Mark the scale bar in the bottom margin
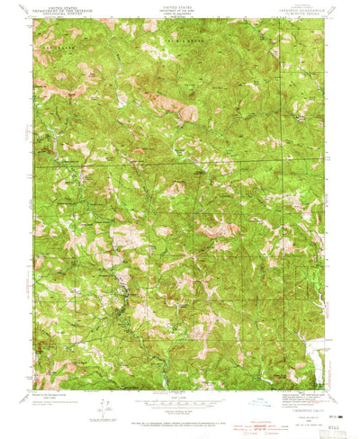(179, 403)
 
